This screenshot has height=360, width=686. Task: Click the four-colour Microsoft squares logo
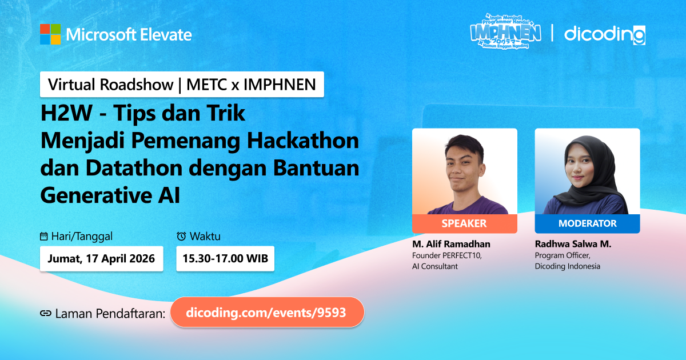point(50,34)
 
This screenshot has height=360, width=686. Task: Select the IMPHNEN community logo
point(505,31)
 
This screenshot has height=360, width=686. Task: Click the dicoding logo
point(605,35)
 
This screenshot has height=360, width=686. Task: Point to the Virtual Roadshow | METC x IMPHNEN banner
point(182,85)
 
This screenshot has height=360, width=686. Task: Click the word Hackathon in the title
point(303,141)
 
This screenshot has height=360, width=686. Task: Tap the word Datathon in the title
point(134,168)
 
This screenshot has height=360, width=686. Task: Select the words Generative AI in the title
point(110,195)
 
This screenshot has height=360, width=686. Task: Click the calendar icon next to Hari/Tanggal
point(44,237)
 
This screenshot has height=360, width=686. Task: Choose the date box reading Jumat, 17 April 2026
point(101,259)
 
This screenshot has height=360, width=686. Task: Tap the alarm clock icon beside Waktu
point(181,236)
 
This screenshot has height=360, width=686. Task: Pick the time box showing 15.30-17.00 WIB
point(225,259)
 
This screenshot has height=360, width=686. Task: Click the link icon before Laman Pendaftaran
point(46,313)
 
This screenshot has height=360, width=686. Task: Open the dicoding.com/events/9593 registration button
point(267,313)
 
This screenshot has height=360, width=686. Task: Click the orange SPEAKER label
point(465,223)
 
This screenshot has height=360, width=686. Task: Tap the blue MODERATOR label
point(588,223)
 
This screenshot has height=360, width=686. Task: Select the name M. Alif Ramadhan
point(451,244)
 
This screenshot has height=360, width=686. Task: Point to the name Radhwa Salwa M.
point(573,244)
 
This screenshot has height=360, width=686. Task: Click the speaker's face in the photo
point(464,170)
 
